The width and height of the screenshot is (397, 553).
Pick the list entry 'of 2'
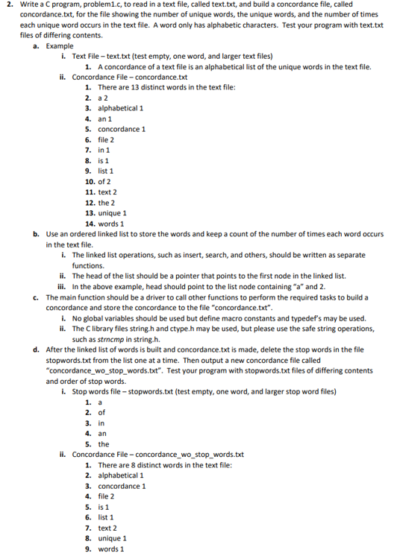point(104,181)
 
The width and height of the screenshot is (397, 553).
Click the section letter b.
point(36,233)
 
